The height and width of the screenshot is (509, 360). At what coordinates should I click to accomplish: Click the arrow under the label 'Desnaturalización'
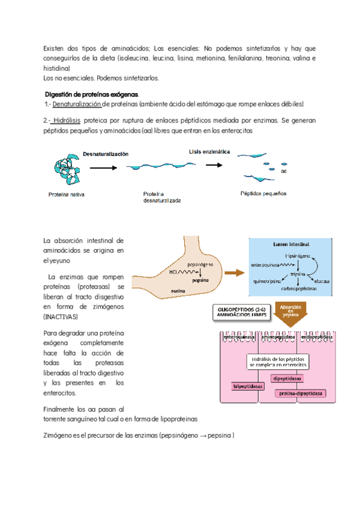(x=100, y=168)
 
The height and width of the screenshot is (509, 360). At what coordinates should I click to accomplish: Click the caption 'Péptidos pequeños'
(x=263, y=193)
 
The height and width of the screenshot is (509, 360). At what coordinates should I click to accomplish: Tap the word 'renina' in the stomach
(x=178, y=291)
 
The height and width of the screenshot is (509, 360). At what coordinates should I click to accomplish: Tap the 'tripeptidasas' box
(x=247, y=387)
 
